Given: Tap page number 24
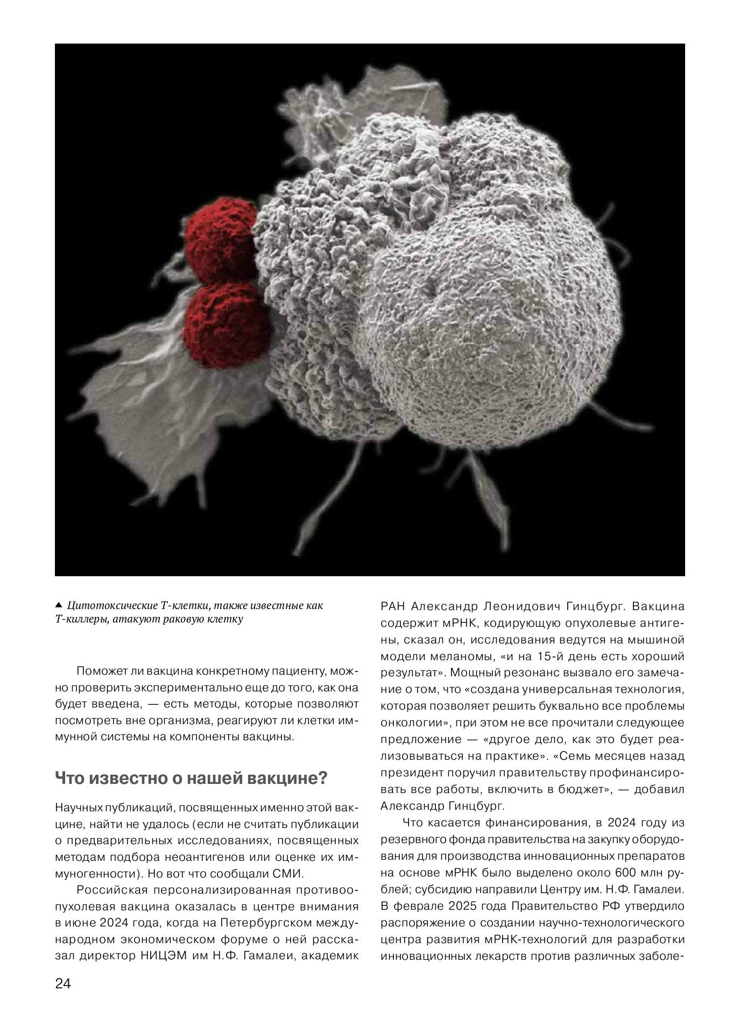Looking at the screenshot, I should point(62,983).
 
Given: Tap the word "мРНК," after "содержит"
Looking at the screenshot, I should point(456,623).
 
